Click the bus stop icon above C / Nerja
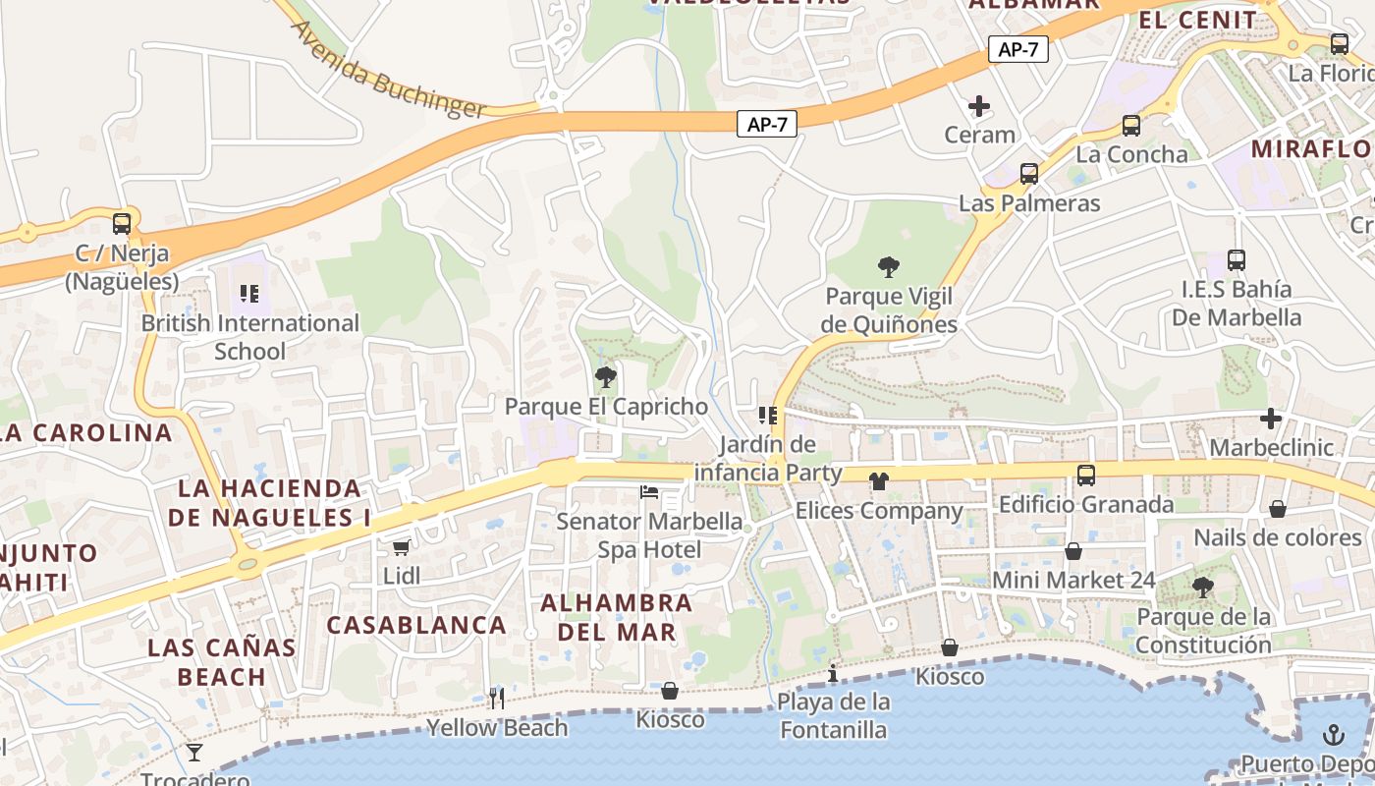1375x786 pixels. [122, 224]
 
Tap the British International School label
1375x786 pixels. [250, 337]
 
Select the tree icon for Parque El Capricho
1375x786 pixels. [606, 376]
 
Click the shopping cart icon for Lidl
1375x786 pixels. [401, 547]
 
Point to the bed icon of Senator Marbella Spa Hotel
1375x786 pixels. [649, 491]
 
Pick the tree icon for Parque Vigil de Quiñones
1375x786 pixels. [889, 266]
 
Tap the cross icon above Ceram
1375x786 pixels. [979, 105]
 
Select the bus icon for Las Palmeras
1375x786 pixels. [1029, 174]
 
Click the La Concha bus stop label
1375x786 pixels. [1131, 154]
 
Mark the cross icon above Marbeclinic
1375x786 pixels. [1271, 419]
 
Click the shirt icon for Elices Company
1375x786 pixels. [878, 481]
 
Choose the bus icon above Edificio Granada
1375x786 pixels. [1085, 476]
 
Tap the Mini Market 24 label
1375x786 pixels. [1073, 580]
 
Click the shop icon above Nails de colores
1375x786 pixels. [1278, 509]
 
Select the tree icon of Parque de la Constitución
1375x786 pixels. [1202, 588]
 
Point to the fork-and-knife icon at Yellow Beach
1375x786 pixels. [497, 698]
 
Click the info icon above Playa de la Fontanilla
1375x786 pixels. [833, 673]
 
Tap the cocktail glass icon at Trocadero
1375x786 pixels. [194, 753]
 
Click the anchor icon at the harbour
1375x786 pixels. [1333, 734]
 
